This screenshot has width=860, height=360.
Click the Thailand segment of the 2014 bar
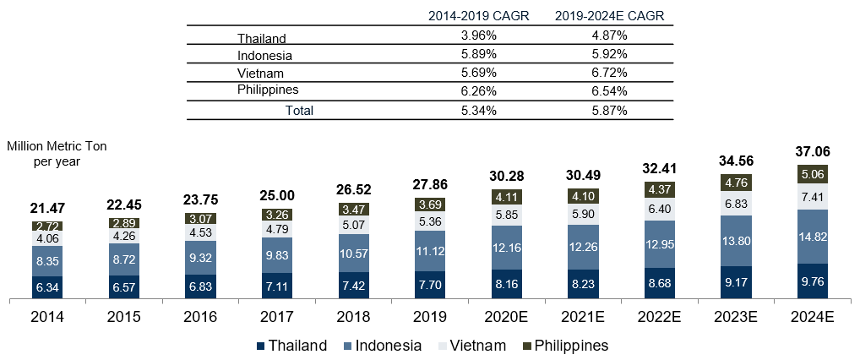pyautogui.click(x=47, y=286)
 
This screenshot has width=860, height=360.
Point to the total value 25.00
pyautogui.click(x=277, y=195)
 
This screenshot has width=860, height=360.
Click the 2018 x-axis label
pyautogui.click(x=353, y=317)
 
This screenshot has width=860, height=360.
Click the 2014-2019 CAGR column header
pyautogui.click(x=478, y=17)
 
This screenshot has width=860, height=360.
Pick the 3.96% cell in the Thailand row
pyautogui.click(x=478, y=37)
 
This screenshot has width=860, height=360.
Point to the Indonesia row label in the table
pyautogui.click(x=264, y=56)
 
